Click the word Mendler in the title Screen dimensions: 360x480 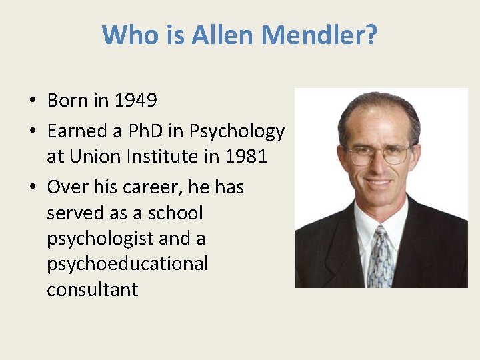(x=319, y=35)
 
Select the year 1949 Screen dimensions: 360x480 (x=135, y=101)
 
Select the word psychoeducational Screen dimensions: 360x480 (x=127, y=264)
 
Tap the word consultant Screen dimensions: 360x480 (x=92, y=289)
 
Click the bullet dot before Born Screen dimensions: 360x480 (x=32, y=101)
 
